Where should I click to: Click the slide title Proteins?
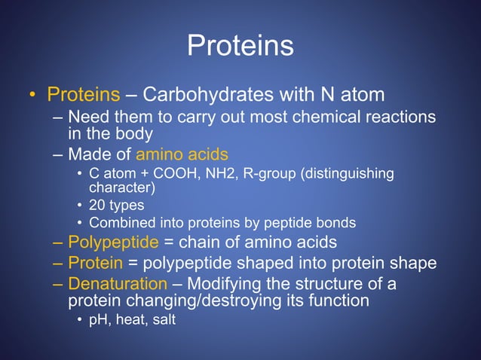pyautogui.click(x=240, y=47)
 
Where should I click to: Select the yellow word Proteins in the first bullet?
pyautogui.click(x=84, y=96)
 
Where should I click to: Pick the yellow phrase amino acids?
pyautogui.click(x=182, y=155)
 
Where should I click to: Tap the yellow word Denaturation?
pyautogui.click(x=118, y=285)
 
